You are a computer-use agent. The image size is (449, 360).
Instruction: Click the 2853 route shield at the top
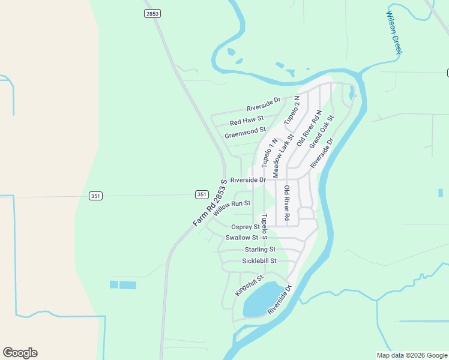point(152,14)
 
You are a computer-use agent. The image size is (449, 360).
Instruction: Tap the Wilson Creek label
point(394,32)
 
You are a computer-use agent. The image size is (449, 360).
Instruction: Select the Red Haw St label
point(247,121)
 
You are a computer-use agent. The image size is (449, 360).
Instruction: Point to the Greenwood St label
point(245,133)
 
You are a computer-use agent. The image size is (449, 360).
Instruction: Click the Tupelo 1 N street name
point(265,153)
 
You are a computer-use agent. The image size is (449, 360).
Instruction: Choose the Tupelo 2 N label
point(292,110)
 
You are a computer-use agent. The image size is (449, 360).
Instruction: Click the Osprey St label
point(245,227)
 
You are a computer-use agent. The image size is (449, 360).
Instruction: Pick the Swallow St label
point(242,238)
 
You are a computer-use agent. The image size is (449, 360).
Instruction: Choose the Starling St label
point(260,249)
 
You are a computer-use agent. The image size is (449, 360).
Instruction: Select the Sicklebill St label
point(259,261)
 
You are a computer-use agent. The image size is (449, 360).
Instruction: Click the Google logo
point(20,353)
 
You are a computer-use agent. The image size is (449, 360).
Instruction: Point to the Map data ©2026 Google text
point(412,355)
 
